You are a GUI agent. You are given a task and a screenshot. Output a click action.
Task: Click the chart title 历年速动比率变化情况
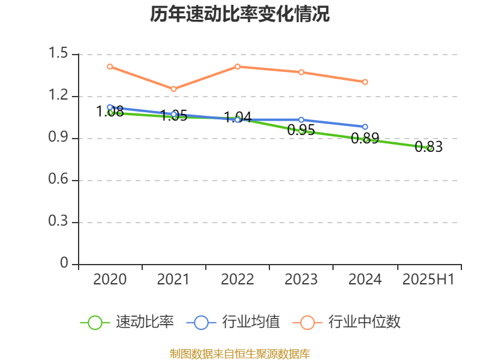coord(240,14)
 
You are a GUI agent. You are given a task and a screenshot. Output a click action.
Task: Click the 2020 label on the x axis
coord(110,280)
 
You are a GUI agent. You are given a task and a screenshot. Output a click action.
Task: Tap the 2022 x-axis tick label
coord(238,280)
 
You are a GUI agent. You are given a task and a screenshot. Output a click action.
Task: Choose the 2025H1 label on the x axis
coord(428,280)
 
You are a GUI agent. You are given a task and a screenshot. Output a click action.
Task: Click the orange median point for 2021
coord(174,89)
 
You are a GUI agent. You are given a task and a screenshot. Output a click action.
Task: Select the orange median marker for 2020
coord(110,67)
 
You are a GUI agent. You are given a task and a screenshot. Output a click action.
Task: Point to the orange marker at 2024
coord(365,82)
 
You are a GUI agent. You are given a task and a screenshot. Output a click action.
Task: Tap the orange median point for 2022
coord(238,67)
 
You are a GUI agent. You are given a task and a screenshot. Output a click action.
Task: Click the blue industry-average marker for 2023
coord(301,120)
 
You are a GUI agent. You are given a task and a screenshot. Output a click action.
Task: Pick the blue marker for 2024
coord(365,127)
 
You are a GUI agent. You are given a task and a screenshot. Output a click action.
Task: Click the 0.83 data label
coord(428,147)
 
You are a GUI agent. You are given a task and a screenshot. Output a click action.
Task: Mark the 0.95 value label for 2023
coord(301,130)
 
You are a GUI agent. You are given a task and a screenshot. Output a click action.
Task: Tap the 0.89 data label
coord(365,139)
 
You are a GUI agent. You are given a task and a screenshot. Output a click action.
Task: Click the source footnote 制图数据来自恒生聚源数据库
coord(240,353)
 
